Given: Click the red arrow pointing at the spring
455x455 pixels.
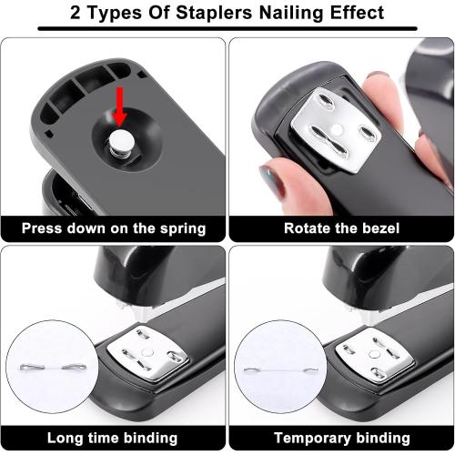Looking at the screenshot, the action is pos(120,106).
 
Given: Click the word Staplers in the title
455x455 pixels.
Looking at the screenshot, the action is pos(214,13).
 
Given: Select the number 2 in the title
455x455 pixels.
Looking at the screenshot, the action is pos(76,13).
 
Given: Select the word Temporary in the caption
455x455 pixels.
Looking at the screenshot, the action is pos(312,439).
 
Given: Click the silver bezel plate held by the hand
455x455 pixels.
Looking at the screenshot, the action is pos(336,130).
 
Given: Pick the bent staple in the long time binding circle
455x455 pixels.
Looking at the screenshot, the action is pos(53,367).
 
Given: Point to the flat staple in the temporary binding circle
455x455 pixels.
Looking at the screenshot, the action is pos(281,369).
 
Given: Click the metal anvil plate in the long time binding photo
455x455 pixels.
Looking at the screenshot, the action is pos(147,353).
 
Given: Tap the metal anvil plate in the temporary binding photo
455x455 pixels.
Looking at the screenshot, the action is pos(375,354).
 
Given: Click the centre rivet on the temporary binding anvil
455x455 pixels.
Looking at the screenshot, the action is pos(374,354).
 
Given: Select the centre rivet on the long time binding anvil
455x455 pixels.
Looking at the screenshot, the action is pos(147,353).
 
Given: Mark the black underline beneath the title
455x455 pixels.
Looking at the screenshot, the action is pos(227,29).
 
